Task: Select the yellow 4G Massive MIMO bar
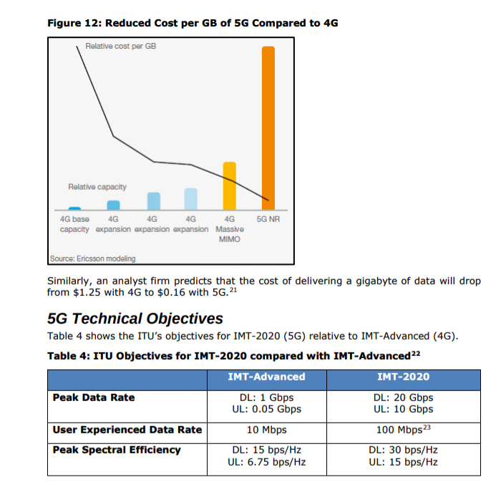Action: [x=230, y=185]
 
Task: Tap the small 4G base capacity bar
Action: [x=74, y=208]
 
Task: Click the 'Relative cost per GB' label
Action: [x=120, y=46]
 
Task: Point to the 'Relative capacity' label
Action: [x=97, y=187]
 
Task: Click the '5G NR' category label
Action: [x=267, y=219]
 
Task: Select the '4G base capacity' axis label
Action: [x=74, y=224]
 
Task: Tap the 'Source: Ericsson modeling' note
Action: [x=93, y=259]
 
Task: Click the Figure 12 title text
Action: [x=193, y=23]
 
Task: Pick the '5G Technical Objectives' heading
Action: [x=135, y=318]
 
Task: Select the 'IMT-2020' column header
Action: [x=403, y=377]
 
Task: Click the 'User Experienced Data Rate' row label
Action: [x=127, y=430]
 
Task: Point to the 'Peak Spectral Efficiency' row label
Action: [x=117, y=450]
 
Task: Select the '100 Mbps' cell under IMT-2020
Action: [x=400, y=430]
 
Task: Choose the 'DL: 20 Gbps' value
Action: [x=403, y=397]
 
